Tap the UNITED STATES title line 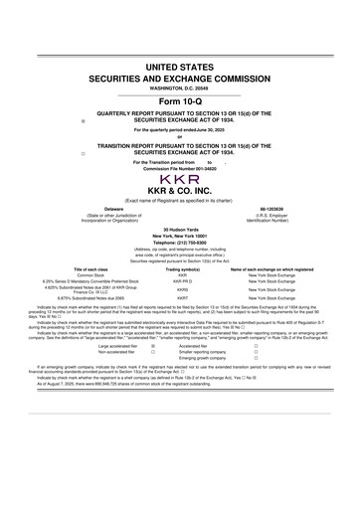(x=180, y=67)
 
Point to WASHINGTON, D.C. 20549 (x=179, y=88)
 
